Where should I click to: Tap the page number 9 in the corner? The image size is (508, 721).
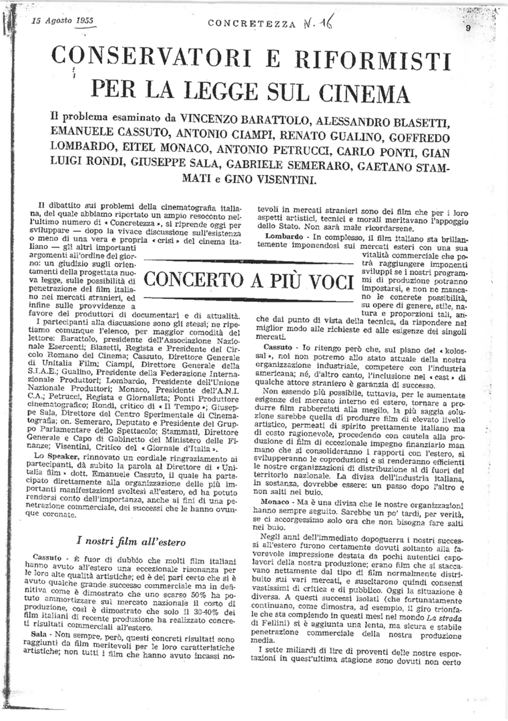coord(469,28)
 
